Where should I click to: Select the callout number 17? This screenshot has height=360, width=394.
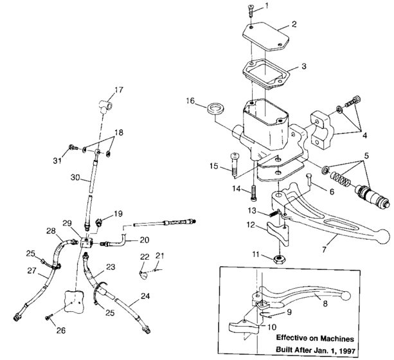pyautogui.click(x=118, y=89)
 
